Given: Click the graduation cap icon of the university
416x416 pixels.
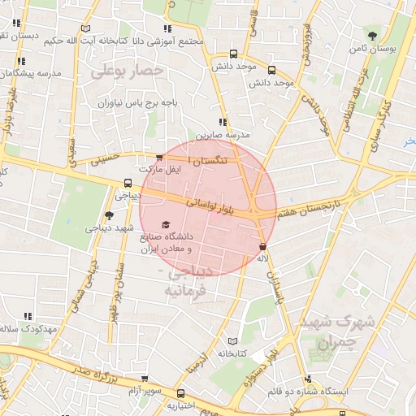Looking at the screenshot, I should tap(166, 224).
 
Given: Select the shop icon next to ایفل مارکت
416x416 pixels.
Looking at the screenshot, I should tap(159, 158).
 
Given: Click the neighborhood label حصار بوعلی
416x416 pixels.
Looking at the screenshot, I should tap(128, 71).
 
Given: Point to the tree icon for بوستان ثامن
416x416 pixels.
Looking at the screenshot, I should tap(372, 36).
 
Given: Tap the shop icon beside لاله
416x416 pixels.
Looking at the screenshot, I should tap(262, 246).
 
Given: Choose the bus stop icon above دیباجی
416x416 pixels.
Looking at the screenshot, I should tap(128, 183).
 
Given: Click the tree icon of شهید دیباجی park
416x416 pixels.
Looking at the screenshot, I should tap(109, 215).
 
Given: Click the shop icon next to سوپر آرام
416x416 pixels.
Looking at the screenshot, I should tap(144, 379).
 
